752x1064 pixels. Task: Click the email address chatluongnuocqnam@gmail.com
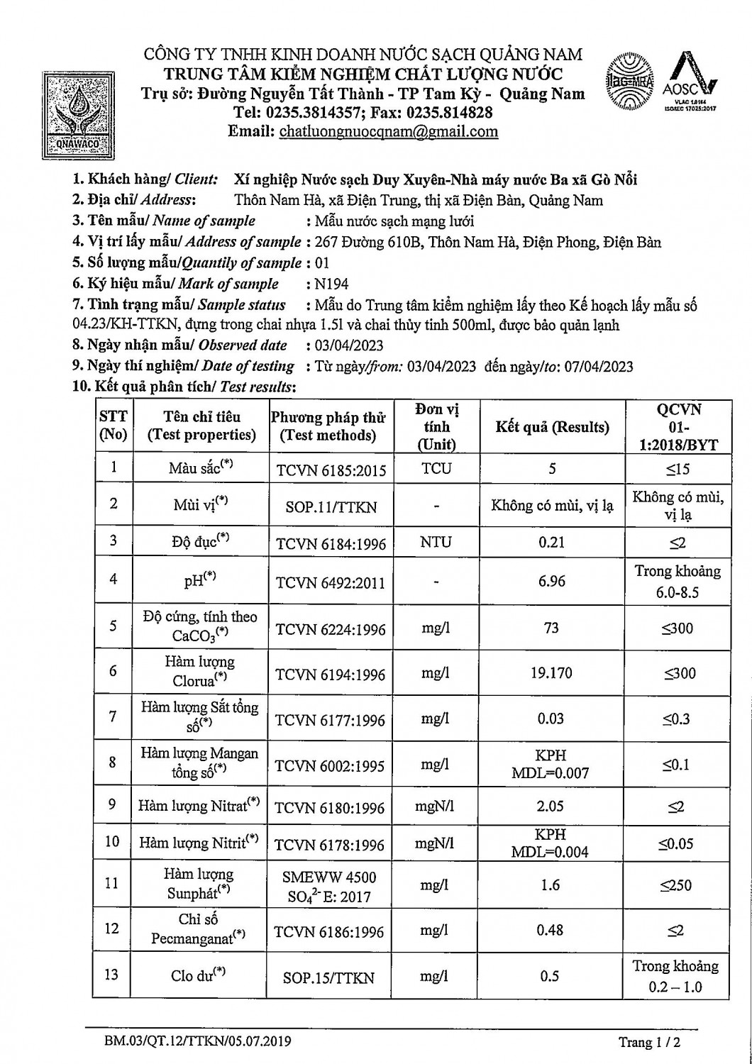tap(389, 131)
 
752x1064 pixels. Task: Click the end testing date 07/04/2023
tap(597, 367)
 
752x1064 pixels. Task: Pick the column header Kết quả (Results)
tap(552, 427)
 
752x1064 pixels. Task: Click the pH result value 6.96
tap(552, 582)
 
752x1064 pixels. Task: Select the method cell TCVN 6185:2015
tap(331, 470)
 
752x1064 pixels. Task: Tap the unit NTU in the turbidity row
tap(436, 543)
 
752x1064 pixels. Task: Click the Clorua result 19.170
tap(551, 672)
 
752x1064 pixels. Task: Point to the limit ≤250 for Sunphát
tap(676, 885)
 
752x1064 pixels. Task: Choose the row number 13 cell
tap(112, 975)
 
